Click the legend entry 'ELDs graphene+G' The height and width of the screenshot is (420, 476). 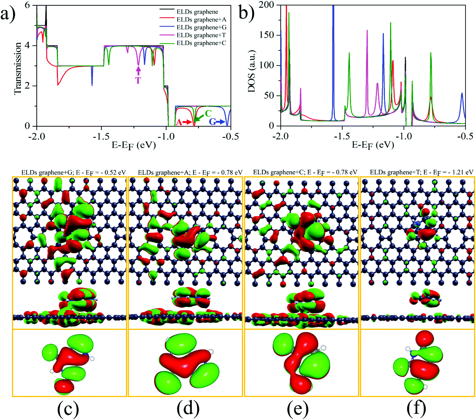(201, 27)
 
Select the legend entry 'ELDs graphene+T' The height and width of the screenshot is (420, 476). (201, 35)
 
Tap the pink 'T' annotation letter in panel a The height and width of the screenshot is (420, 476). (138, 80)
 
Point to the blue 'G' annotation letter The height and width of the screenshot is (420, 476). (212, 122)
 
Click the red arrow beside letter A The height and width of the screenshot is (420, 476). (188, 122)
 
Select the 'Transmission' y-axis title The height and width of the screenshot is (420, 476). (18, 69)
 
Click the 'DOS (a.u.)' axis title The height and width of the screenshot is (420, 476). (252, 71)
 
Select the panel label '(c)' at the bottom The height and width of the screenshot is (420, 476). (68, 408)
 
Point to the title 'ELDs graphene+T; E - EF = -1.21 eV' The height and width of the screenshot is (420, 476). (421, 172)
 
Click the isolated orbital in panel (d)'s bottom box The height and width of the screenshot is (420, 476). (187, 363)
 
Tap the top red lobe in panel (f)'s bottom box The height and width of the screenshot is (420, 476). (424, 340)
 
